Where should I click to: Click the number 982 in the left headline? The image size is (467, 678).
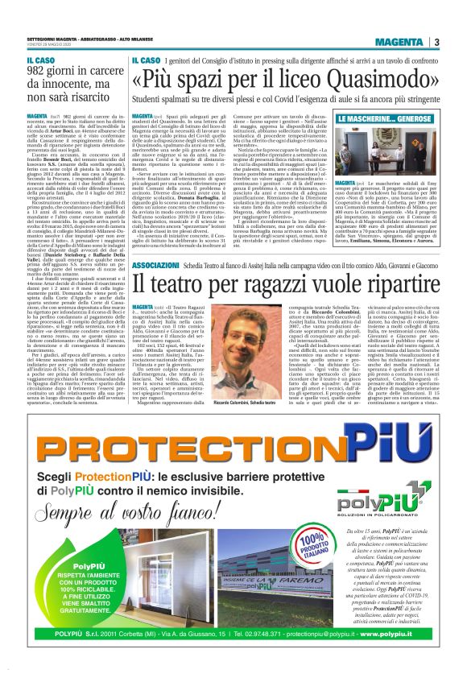39,73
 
